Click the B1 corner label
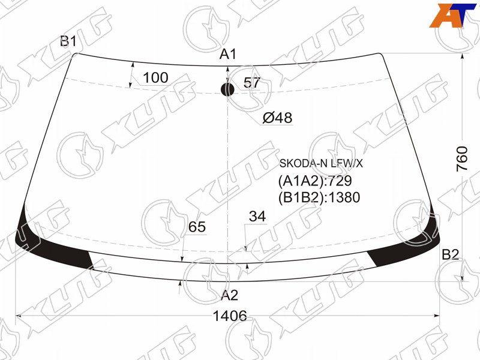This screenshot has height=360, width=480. coord(68,41)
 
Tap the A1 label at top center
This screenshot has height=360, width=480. coord(228,54)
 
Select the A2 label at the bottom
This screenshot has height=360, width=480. coord(229,295)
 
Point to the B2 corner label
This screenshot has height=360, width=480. coord(451,254)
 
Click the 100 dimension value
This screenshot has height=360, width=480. coord(155,78)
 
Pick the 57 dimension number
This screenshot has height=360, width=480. coord(251,83)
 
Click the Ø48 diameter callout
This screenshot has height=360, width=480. coord(277,118)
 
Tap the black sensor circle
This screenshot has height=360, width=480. coord(227,89)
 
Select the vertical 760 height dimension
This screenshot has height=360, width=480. coord(462,159)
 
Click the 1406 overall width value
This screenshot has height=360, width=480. coord(230,316)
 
